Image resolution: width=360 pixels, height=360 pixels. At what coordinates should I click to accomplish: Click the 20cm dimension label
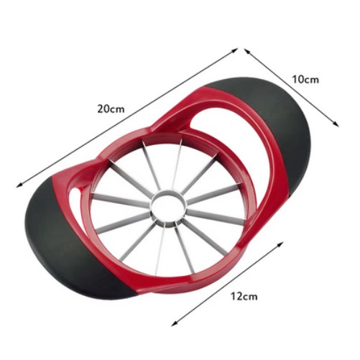pos(111,109)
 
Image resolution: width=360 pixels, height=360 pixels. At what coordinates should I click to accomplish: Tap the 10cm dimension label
pos(305,79)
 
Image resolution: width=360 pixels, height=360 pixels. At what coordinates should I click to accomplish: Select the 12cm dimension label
pos(244,297)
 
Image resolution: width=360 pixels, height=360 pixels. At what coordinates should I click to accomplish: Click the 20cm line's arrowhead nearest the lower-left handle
pos(19,185)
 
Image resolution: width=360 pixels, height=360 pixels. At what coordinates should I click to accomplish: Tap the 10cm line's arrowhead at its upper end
pos(247,51)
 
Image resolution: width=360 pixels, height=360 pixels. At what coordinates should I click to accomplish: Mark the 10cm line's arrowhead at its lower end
pos(336,124)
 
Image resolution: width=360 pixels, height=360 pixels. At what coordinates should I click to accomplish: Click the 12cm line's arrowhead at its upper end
pos(280,244)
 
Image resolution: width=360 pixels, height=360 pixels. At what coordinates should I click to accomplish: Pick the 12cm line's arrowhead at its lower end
pos(174,324)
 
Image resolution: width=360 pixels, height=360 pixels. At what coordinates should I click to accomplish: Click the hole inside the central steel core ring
pos(169,205)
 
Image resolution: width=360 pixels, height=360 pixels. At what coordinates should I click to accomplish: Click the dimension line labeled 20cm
pos(126,117)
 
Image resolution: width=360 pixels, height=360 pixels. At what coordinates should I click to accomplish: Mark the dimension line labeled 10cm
pos(292,88)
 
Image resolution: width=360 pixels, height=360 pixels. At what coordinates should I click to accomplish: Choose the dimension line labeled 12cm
pos(227,284)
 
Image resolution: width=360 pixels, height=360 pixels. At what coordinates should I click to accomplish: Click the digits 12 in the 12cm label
pos(236,297)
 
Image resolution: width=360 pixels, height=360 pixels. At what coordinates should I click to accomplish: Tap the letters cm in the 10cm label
pos(312,80)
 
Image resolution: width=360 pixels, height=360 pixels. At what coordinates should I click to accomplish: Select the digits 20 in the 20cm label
pos(103,109)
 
